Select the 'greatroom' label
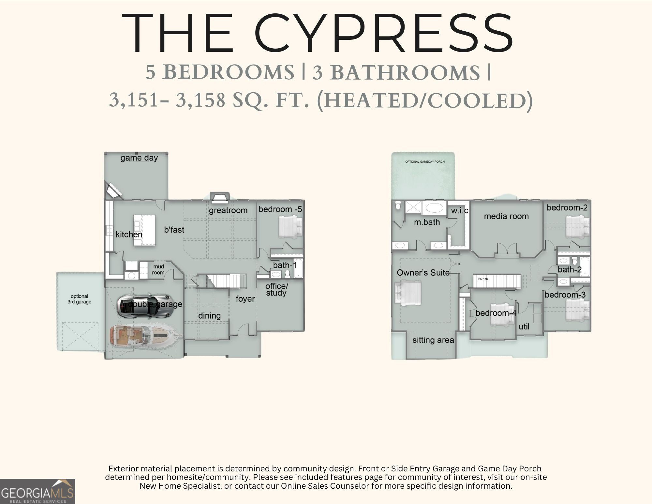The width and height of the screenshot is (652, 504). click(x=228, y=210)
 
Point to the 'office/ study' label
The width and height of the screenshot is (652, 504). click(x=276, y=290)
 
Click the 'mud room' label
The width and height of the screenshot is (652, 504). click(x=158, y=269)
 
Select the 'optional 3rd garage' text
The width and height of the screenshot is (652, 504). click(x=79, y=299)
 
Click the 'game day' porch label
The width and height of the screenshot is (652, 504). click(x=139, y=158)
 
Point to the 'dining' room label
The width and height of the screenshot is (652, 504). click(x=209, y=316)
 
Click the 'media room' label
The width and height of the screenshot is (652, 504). click(x=506, y=216)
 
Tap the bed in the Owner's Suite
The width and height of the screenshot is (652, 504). click(x=408, y=294)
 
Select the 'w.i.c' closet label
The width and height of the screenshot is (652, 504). click(x=459, y=211)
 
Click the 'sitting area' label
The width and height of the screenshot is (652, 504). click(x=433, y=340)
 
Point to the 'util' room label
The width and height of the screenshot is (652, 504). click(x=524, y=327)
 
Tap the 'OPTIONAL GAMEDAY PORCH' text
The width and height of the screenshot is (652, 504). click(x=425, y=162)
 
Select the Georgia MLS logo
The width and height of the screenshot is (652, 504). click(x=37, y=491)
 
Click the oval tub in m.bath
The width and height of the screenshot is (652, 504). click(x=434, y=208)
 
